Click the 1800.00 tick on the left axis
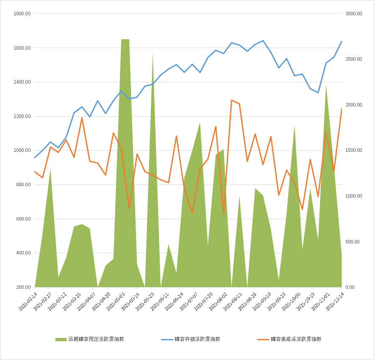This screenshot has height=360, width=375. (22, 14)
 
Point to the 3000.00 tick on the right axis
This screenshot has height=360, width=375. (353, 14)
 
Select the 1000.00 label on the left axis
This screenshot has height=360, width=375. (22, 151)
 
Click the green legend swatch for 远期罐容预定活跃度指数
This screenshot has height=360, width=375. (61, 339)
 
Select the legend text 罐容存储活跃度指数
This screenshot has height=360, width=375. (197, 339)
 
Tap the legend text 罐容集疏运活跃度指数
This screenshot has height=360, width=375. (296, 339)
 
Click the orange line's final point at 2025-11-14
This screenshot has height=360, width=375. (342, 109)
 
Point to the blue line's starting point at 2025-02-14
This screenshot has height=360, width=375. (35, 158)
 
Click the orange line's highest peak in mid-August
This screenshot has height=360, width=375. (231, 100)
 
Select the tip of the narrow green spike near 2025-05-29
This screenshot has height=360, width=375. (153, 53)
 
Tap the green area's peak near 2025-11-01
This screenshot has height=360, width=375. (326, 85)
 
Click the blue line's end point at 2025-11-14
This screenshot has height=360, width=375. (342, 41)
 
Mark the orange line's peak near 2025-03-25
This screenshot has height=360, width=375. (82, 118)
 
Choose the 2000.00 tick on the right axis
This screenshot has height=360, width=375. (353, 105)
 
